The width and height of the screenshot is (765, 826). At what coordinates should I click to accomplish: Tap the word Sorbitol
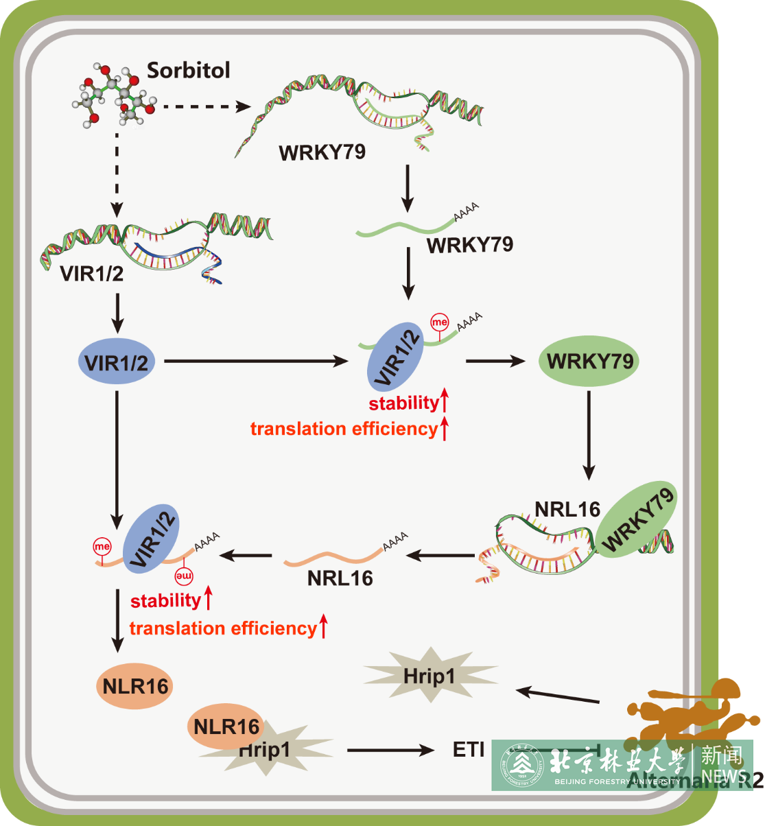[x=189, y=70]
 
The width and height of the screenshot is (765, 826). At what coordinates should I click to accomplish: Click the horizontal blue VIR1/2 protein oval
[x=116, y=362]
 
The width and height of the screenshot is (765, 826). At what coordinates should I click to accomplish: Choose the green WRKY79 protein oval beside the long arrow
[x=589, y=361]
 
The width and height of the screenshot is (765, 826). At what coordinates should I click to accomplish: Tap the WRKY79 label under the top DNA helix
[x=322, y=152]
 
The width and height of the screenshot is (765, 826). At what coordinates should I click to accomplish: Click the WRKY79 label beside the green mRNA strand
[x=470, y=244]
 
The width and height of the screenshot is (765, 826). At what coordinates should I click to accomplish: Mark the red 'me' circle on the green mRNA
[x=439, y=321]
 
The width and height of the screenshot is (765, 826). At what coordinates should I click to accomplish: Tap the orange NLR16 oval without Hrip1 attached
[x=135, y=685]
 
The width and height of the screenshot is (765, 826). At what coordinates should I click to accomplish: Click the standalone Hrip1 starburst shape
[x=429, y=675]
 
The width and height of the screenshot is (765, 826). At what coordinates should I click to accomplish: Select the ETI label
[x=469, y=750]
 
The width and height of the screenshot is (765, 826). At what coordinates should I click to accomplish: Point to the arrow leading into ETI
[x=390, y=751]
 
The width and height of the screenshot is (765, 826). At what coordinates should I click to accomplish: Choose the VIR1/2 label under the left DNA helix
[x=92, y=274]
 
